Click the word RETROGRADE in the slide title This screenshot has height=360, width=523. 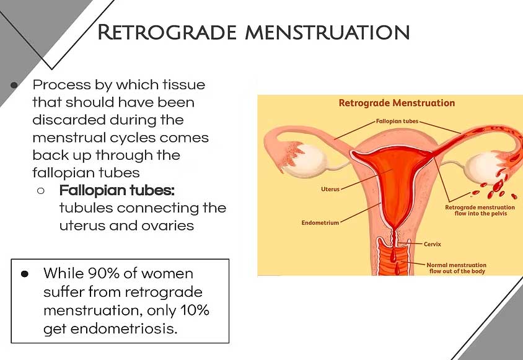point(167,32)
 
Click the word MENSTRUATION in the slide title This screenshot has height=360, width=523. point(327,32)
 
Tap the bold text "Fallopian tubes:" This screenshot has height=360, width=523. point(117,190)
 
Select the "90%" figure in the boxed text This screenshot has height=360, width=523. point(103,273)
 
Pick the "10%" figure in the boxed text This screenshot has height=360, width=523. point(195,310)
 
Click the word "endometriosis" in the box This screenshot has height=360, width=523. point(124,329)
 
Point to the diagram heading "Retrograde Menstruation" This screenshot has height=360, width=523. point(397,103)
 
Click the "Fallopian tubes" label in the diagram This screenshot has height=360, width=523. point(397,121)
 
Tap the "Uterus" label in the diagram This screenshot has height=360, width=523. point(330,189)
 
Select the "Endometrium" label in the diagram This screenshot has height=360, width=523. point(320,222)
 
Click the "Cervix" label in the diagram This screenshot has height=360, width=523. point(433,244)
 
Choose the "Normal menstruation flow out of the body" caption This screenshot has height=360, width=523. point(457,268)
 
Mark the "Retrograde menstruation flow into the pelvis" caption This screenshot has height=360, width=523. point(480,210)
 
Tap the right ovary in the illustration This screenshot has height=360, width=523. point(483,168)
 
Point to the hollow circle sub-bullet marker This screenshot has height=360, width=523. point(41,191)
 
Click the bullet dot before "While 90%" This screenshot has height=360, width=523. point(25,274)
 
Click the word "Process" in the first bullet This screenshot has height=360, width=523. point(62,85)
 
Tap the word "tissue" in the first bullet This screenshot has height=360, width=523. point(184,85)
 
